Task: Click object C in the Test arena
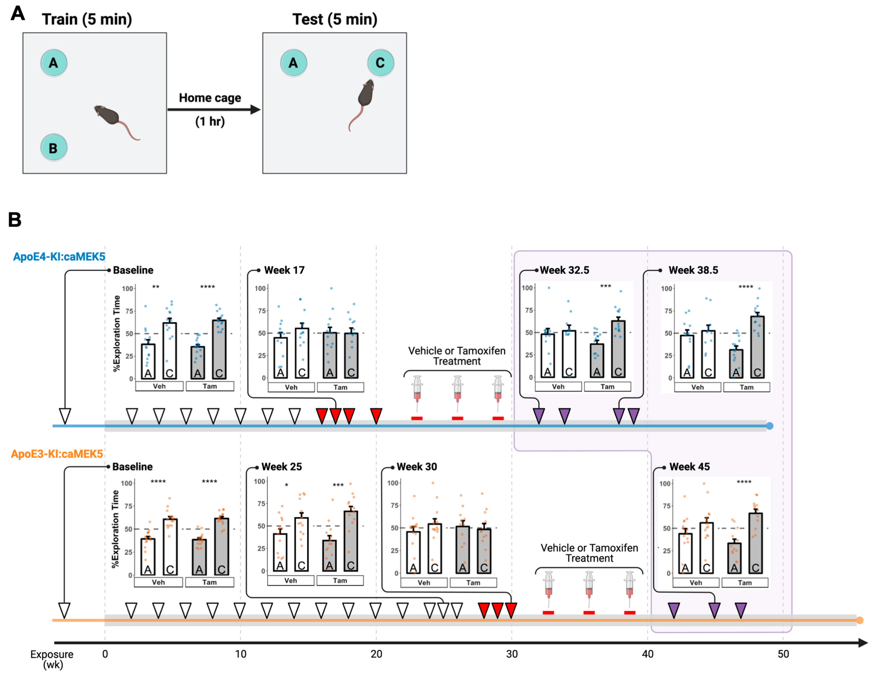[381, 63]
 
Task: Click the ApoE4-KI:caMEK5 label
[59, 257]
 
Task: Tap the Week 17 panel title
[284, 270]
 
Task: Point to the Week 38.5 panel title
[693, 270]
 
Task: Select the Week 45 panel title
[690, 466]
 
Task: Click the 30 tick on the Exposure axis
[512, 654]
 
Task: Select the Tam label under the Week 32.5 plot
[607, 387]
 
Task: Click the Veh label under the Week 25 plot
[291, 581]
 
